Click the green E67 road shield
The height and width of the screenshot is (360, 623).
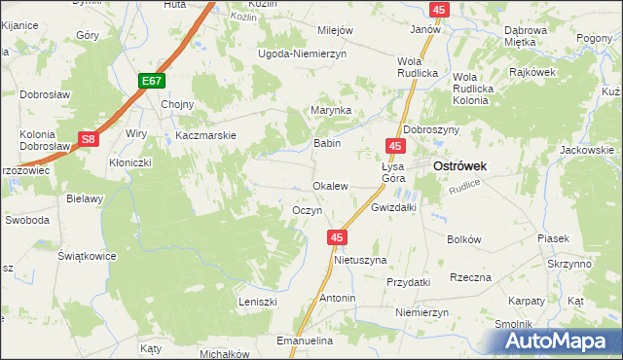tap(150, 82)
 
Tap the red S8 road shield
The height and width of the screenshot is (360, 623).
tap(88, 140)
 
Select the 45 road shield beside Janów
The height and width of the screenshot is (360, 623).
tap(440, 10)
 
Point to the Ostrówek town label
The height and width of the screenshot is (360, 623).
tap(459, 166)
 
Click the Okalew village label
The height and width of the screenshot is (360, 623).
tap(330, 186)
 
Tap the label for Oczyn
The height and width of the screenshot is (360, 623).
tap(308, 211)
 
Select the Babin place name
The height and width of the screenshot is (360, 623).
tap(325, 143)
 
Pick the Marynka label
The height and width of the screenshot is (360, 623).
tap(330, 111)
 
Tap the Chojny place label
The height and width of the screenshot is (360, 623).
tap(177, 105)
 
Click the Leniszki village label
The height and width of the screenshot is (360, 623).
tap(259, 303)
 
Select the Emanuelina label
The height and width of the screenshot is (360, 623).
tap(306, 342)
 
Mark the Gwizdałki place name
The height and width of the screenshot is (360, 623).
tap(394, 208)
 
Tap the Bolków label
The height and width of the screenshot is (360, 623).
tap(464, 239)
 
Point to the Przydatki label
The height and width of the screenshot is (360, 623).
tap(408, 281)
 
